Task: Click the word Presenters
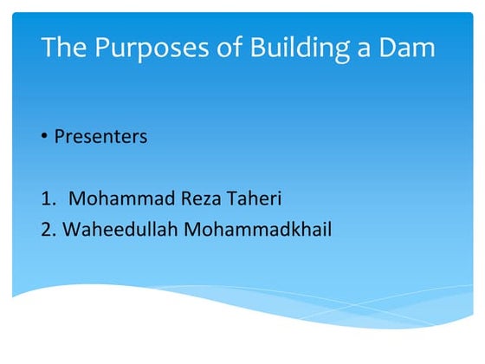100,137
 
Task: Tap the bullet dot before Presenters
45,138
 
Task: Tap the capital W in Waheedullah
70,231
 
